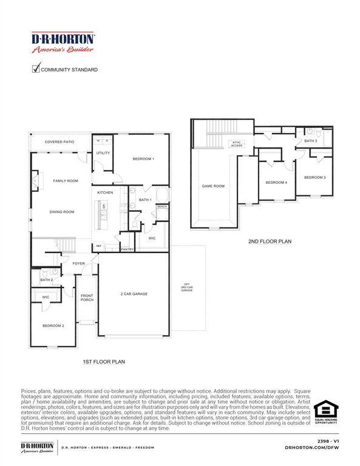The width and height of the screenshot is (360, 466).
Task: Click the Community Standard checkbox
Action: [35, 69]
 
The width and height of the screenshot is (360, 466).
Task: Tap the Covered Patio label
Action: [59, 142]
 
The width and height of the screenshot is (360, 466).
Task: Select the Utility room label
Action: [103, 154]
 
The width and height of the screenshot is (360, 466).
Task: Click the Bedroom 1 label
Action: [143, 159]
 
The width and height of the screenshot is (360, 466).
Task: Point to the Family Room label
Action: [65, 181]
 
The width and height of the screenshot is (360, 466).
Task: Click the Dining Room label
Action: [62, 212]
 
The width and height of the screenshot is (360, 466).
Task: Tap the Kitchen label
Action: [105, 192]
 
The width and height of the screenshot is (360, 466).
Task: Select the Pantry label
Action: [127, 249]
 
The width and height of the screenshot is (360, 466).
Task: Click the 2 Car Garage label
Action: [134, 294]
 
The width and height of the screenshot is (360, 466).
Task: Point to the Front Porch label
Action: [87, 297]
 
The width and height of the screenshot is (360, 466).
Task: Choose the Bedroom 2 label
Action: [53, 326]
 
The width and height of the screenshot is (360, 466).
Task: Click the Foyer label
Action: [79, 263]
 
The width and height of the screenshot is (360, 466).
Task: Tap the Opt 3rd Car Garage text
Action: [187, 288]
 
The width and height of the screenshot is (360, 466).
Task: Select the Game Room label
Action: [213, 186]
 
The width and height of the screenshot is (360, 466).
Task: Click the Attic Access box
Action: [236, 144]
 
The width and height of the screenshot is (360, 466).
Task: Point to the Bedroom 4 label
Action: [276, 183]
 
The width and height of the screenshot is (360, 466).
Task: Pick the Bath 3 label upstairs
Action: [310, 141]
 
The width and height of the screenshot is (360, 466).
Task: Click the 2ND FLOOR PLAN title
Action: [270, 241]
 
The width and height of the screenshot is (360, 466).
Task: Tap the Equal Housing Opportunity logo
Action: [325, 413]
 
